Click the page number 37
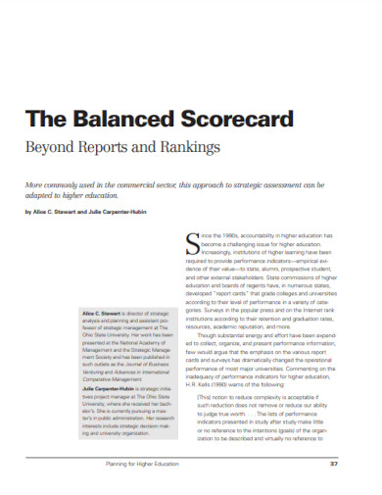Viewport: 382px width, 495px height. coord(333,463)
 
